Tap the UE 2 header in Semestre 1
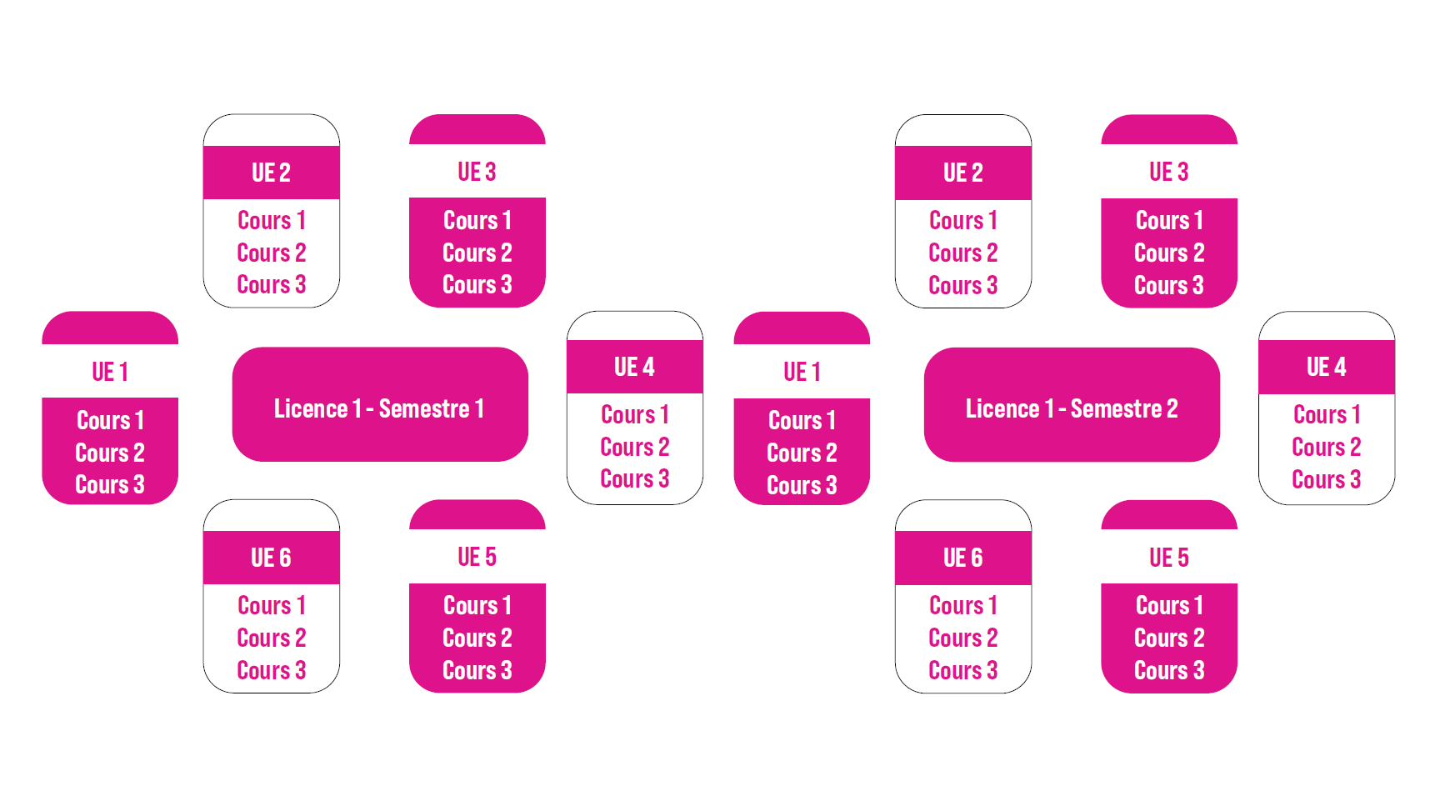pos(271,173)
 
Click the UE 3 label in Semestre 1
pos(477,172)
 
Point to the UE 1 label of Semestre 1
pos(110,372)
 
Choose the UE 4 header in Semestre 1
pos(634,367)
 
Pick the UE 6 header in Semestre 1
pos(271,558)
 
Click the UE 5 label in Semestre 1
pos(477,557)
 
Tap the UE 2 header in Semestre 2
pos(962,173)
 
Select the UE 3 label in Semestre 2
pos(1168,172)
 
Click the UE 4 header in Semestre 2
pos(1326,367)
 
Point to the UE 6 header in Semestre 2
pos(962,558)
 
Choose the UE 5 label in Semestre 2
pos(1168,557)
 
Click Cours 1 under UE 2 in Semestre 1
pos(271,220)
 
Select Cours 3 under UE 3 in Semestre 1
pos(477,285)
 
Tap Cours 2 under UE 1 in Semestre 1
pos(110,453)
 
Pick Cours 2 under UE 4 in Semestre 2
pos(1326,447)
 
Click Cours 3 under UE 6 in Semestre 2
pos(962,670)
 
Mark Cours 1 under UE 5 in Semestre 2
pos(1168,605)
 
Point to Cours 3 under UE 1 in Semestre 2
pos(802,485)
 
